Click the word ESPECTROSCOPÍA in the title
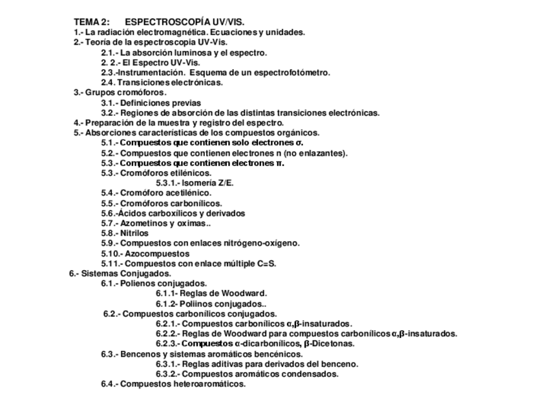pos(163,22)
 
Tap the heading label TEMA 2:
pos(91,22)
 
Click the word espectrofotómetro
pos(290,72)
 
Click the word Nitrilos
pos(134,233)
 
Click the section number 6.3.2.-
pos(167,374)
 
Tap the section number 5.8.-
pos(109,233)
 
